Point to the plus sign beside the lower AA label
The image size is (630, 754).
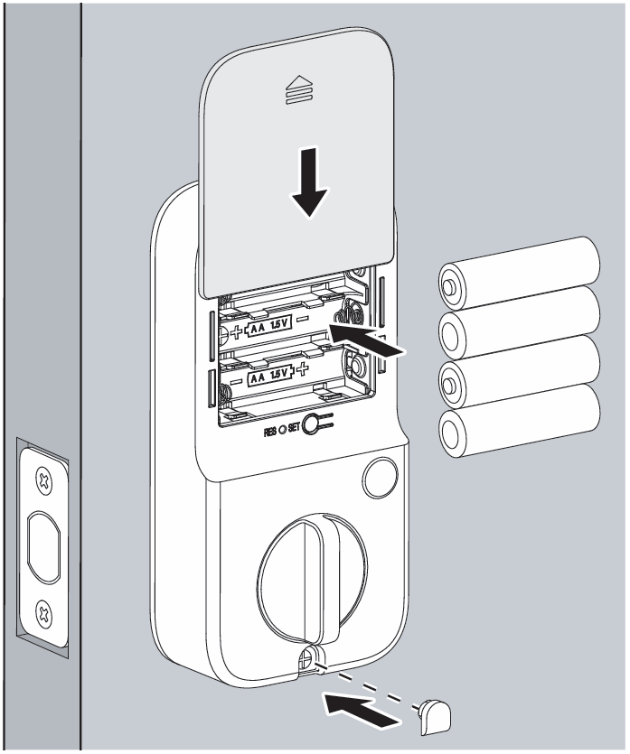(x=304, y=371)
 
